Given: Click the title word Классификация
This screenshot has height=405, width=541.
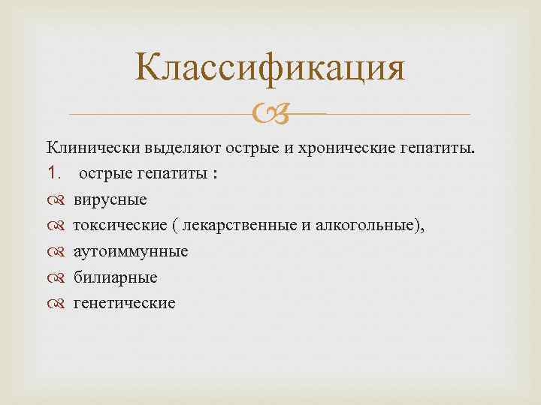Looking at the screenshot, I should pos(270,68).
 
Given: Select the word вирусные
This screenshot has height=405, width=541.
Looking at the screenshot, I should pos(110,200).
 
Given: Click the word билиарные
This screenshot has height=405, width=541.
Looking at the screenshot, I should pos(115,277).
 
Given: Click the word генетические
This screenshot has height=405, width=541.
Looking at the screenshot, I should pos(124,303).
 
